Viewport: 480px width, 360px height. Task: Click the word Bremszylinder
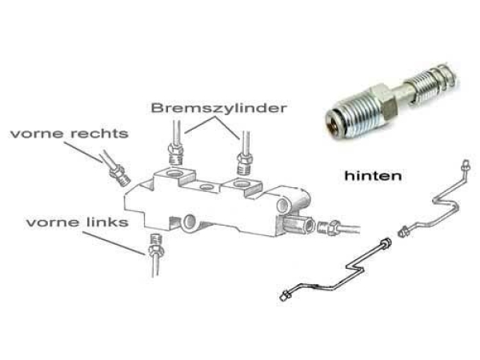tap(219, 109)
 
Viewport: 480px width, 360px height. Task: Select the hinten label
tap(373, 176)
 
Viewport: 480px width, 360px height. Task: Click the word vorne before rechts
tap(37, 134)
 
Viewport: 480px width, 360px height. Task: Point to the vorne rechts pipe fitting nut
tap(120, 175)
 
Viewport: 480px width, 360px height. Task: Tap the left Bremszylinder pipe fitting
tap(176, 154)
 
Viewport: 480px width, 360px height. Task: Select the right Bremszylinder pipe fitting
tap(246, 164)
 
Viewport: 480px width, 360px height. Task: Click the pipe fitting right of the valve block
tap(329, 228)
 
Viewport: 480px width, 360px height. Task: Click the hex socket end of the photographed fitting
tap(333, 122)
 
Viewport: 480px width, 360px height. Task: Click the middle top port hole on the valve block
tap(206, 186)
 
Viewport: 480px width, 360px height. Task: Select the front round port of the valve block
tap(189, 222)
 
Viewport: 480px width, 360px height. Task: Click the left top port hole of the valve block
tap(174, 174)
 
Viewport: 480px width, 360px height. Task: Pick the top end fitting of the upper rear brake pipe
tap(466, 165)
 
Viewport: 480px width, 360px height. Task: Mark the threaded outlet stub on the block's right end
tap(298, 226)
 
